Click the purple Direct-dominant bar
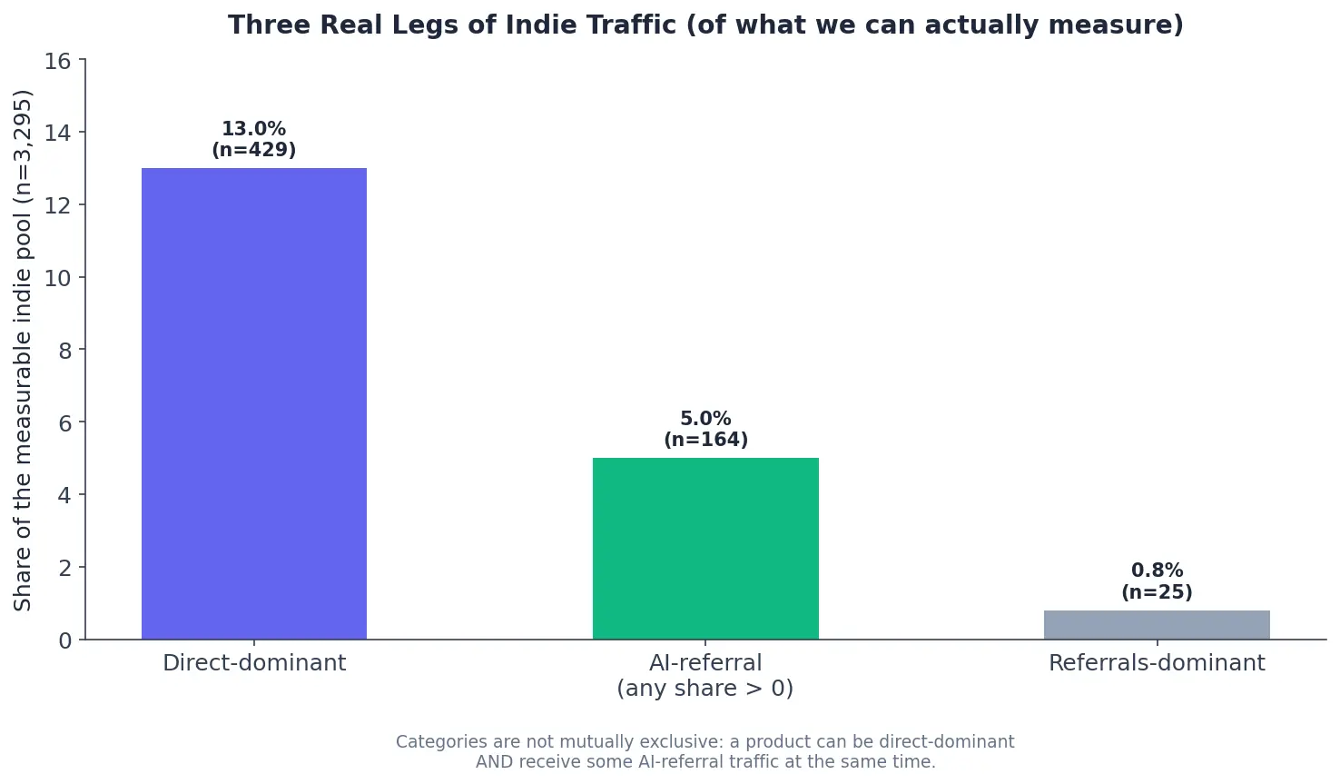(253, 404)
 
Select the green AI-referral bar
(705, 549)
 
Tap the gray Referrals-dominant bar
(1157, 625)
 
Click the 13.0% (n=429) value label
(253, 139)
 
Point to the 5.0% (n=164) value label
(706, 429)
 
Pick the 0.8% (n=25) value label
(1157, 581)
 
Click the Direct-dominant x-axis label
(254, 663)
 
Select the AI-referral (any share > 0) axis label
(705, 676)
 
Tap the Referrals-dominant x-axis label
(1157, 663)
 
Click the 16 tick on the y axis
(57, 61)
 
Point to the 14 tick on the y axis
(57, 133)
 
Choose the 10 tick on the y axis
(57, 278)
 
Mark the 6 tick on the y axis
(64, 423)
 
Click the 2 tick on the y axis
(64, 569)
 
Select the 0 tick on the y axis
(64, 641)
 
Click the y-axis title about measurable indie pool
(22, 351)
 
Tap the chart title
(706, 25)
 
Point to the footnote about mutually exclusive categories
(705, 751)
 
